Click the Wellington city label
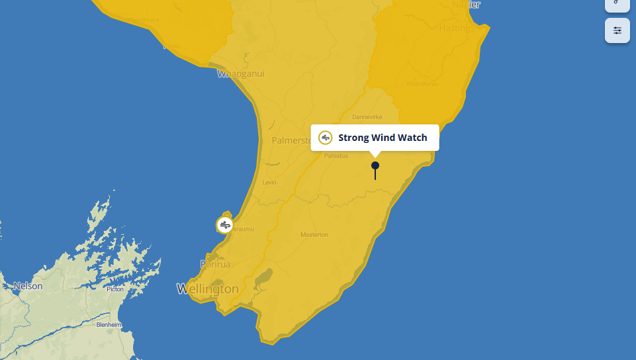pyautogui.click(x=208, y=289)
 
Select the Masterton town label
pyautogui.click(x=314, y=235)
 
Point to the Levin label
pyautogui.click(x=269, y=183)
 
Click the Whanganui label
pyautogui.click(x=241, y=74)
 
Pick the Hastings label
pyautogui.click(x=457, y=28)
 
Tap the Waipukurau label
pyautogui.click(x=422, y=84)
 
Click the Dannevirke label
pyautogui.click(x=368, y=117)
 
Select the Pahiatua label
pyautogui.click(x=336, y=156)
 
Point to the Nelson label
pyautogui.click(x=28, y=287)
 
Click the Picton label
pyautogui.click(x=115, y=289)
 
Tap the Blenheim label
pyautogui.click(x=109, y=325)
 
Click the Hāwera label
pyautogui.click(x=149, y=20)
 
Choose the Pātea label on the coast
pyautogui.click(x=171, y=46)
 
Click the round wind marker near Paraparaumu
pyautogui.click(x=225, y=225)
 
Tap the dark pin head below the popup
pyautogui.click(x=375, y=165)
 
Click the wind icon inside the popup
pyautogui.click(x=325, y=138)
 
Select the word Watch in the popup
pyautogui.click(x=412, y=138)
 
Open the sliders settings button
pyautogui.click(x=617, y=30)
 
